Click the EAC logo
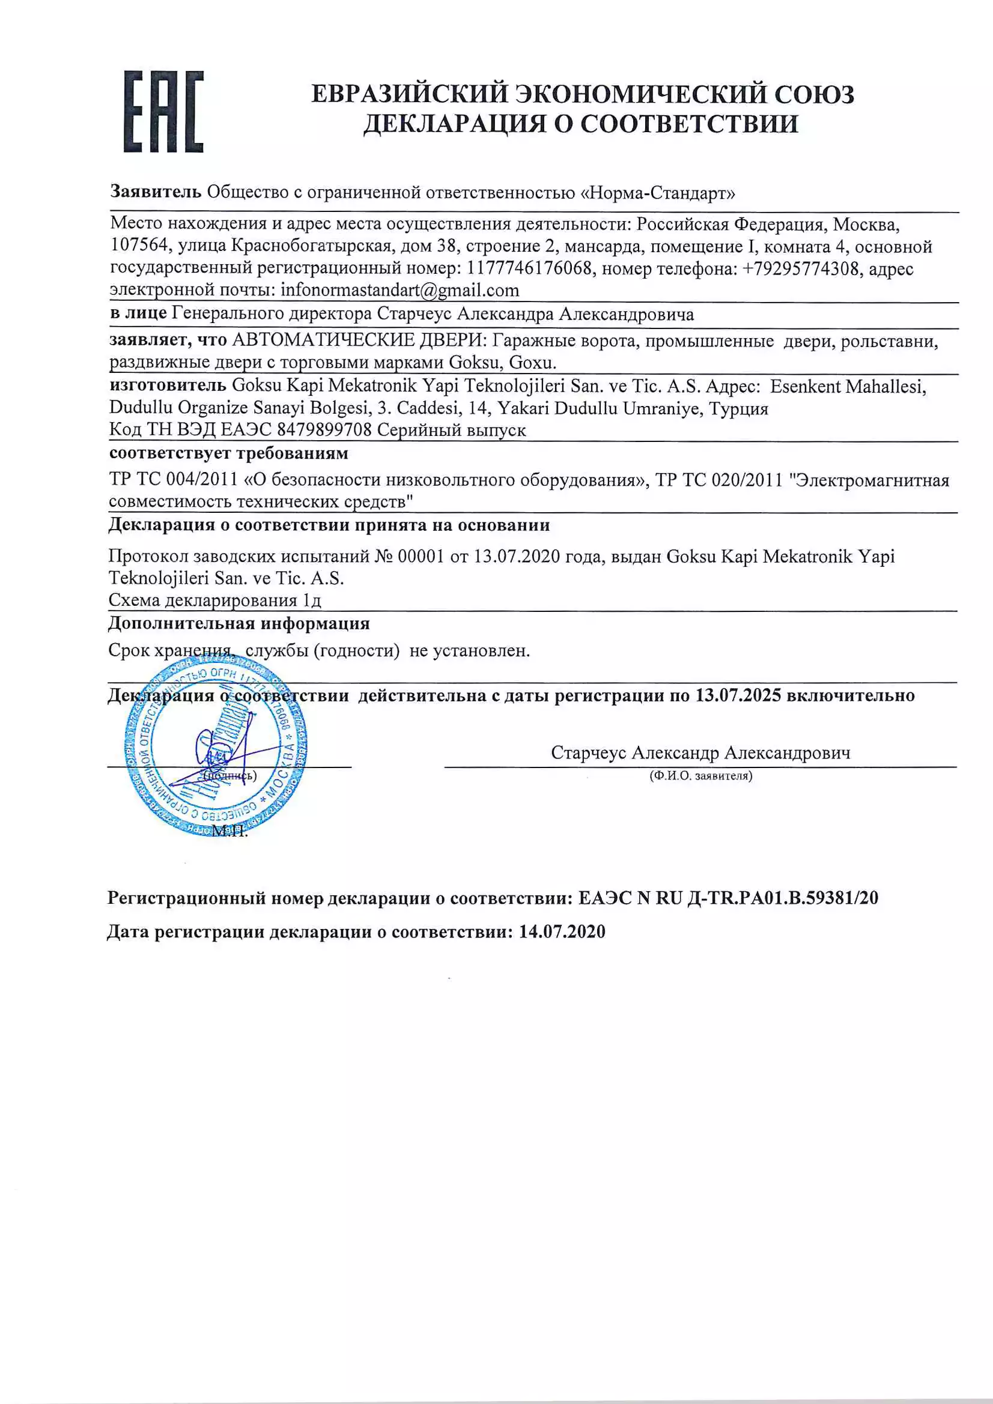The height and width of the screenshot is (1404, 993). (163, 111)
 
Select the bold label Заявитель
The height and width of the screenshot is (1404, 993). (156, 192)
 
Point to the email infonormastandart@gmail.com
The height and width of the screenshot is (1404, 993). (399, 291)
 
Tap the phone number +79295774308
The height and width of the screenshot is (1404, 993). (800, 268)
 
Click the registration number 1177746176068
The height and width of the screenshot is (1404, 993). (529, 268)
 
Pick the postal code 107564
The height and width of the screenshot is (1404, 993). (139, 246)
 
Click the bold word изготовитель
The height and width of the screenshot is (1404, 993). (168, 386)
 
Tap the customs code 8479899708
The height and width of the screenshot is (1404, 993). (324, 430)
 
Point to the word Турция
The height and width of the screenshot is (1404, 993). (738, 408)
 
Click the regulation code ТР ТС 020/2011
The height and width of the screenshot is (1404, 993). (719, 480)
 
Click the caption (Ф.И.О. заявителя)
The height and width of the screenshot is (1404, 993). (700, 776)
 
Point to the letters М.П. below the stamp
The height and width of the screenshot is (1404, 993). (229, 831)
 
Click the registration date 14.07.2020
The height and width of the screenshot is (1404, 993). (562, 932)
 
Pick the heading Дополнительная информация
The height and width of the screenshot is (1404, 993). (239, 624)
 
